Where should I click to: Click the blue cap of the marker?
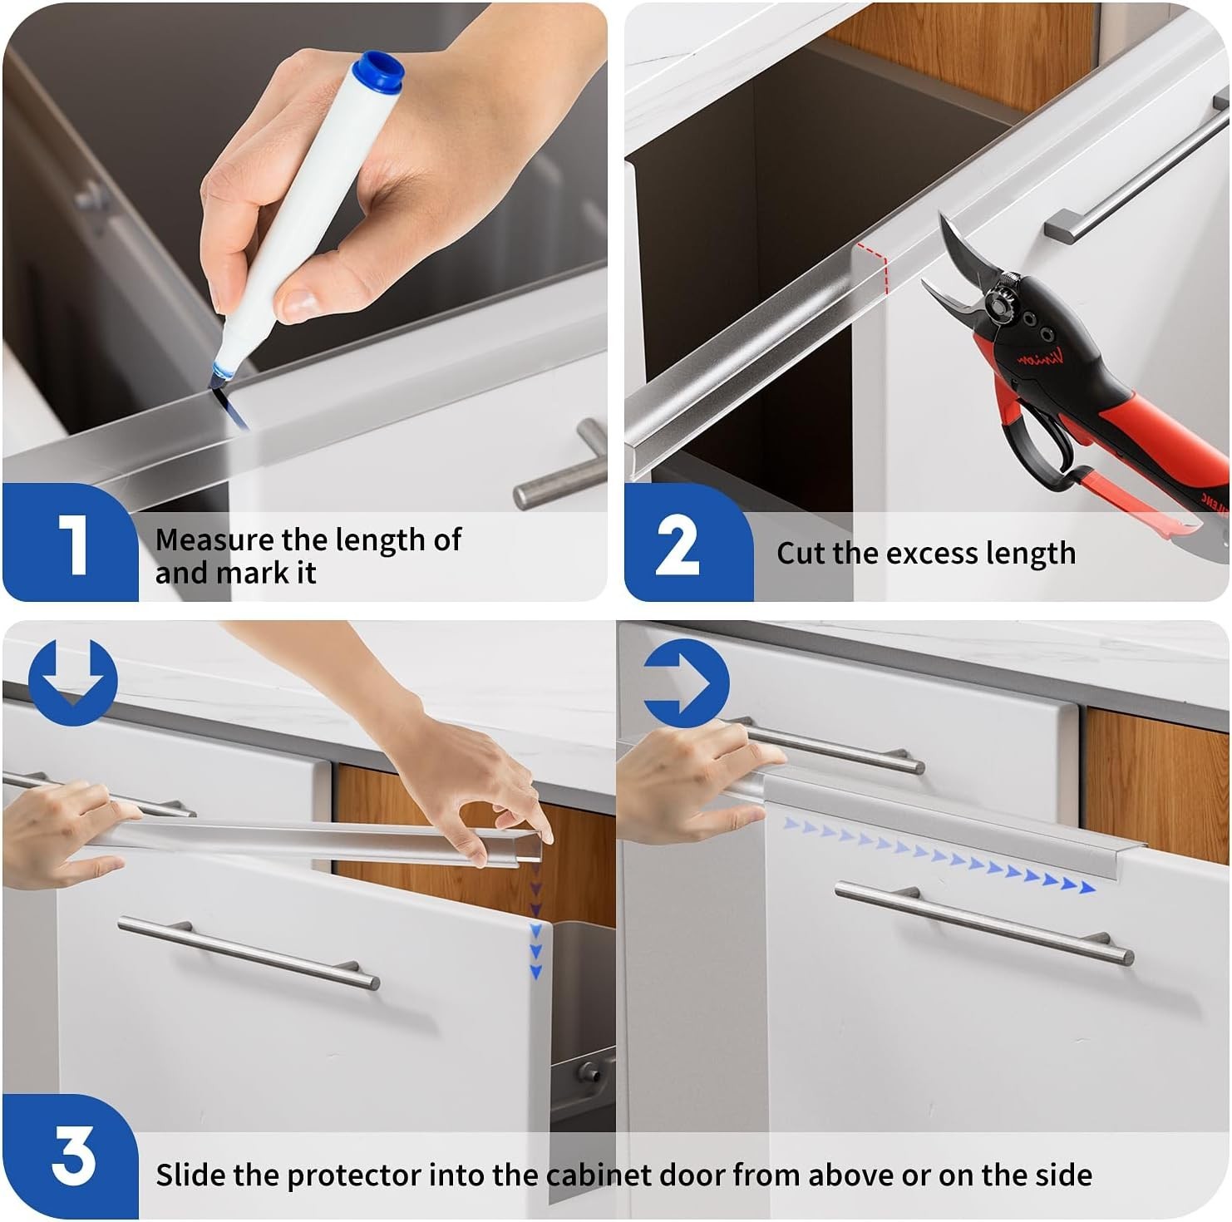coord(378,71)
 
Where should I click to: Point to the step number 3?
coord(73,1155)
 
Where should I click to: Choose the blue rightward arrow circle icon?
coord(687,683)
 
